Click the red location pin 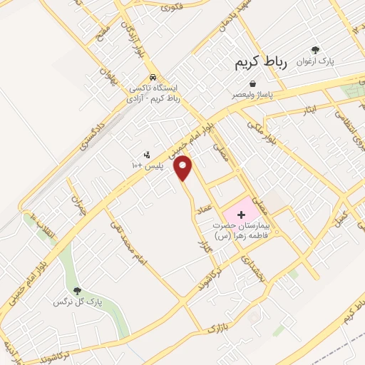(184, 167)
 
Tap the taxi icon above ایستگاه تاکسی (153, 77)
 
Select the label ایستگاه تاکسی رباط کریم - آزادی (153, 91)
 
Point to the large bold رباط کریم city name (261, 63)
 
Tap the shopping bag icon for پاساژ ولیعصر (253, 83)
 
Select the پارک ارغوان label (335, 62)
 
